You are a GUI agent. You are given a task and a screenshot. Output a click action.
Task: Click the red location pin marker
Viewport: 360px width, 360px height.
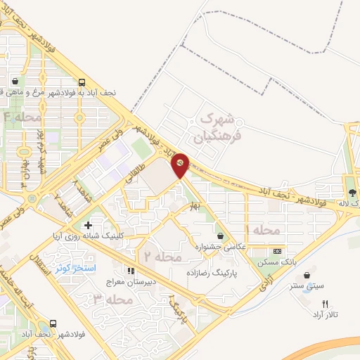[181, 164]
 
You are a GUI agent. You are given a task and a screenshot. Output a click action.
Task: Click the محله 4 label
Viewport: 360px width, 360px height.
[22, 117]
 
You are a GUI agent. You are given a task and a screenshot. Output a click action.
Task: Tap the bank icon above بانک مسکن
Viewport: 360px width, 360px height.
[277, 251]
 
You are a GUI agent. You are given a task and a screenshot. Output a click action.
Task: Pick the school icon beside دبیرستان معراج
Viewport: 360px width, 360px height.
[129, 271]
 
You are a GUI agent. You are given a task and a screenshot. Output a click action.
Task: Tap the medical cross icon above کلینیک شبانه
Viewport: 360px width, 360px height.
[87, 226]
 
